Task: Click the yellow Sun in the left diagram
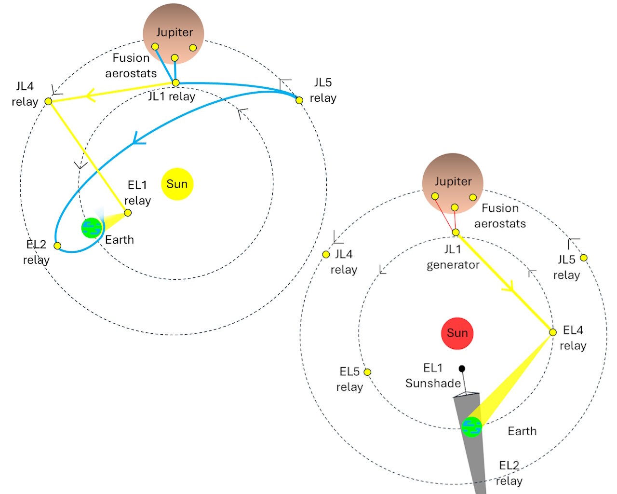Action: tap(177, 184)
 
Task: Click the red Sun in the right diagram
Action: tap(457, 333)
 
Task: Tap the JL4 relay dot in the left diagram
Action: tap(49, 101)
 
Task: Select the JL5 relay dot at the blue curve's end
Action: tap(299, 100)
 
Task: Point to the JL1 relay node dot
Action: tap(175, 82)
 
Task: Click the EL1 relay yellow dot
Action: tap(128, 213)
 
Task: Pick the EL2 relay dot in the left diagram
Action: tap(57, 246)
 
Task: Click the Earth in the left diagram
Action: tap(92, 228)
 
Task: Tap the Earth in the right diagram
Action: tap(471, 427)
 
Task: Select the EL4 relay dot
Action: tap(553, 332)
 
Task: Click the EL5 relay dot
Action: tap(367, 372)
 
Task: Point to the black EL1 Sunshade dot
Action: tap(462, 369)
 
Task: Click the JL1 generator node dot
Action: tap(456, 232)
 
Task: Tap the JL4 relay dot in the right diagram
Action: tap(326, 254)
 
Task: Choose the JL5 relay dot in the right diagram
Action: tap(583, 258)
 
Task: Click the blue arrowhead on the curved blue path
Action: tap(138, 139)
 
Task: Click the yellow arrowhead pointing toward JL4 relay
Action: tap(90, 95)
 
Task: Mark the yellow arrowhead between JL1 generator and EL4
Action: tap(509, 287)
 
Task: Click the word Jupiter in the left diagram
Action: tap(174, 32)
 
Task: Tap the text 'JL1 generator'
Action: tap(453, 257)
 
